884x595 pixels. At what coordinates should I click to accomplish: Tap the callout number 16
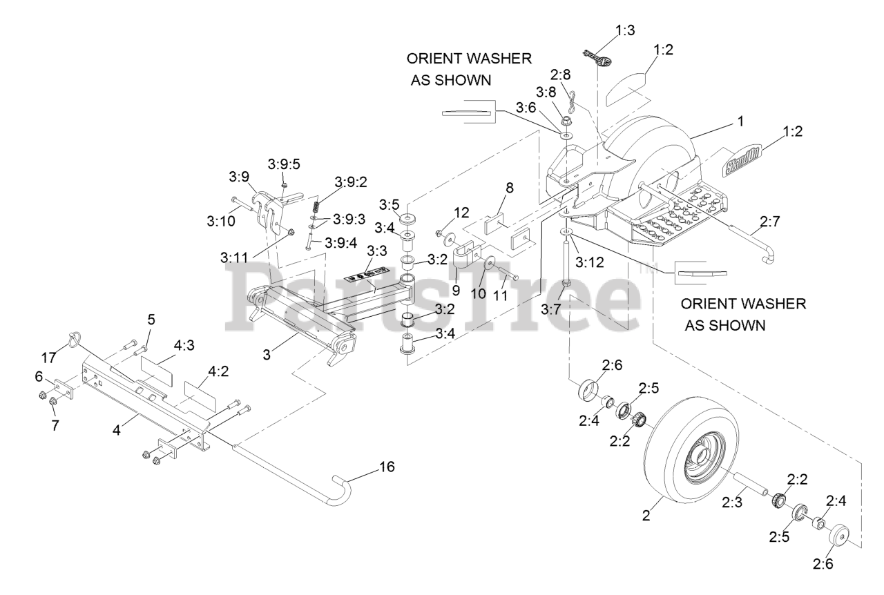(x=387, y=467)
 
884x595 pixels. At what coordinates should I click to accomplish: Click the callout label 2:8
(x=561, y=74)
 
